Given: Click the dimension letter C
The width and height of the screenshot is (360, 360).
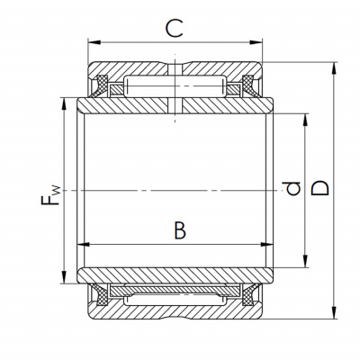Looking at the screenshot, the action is (x=175, y=28).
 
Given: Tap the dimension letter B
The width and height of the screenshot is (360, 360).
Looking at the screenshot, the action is (x=180, y=230).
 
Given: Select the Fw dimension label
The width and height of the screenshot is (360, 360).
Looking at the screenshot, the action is (x=50, y=195).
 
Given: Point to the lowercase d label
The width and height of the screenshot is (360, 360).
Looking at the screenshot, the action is (x=292, y=188).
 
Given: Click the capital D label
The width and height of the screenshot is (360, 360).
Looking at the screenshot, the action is (x=319, y=188).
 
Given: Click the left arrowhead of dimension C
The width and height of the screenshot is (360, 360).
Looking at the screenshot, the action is (x=94, y=42).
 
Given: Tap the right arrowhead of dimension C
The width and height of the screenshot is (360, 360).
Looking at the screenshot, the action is (x=256, y=42).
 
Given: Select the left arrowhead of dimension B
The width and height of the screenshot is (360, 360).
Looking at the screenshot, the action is (x=84, y=245).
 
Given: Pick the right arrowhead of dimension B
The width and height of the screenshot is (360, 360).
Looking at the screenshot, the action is (x=266, y=245).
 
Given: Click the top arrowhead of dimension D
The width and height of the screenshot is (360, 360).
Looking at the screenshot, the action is (x=334, y=68).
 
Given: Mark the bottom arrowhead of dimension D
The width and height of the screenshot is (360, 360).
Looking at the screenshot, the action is (x=334, y=312).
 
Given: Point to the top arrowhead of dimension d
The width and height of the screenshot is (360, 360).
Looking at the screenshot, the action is (x=305, y=120).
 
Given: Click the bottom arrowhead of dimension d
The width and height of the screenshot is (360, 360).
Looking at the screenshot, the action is (x=305, y=261).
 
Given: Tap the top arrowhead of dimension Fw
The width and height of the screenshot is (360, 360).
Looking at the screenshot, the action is (x=64, y=103).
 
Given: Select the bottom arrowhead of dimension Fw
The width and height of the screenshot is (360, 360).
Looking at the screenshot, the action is (x=64, y=277).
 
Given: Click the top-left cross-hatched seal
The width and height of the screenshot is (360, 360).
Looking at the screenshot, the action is (x=101, y=86).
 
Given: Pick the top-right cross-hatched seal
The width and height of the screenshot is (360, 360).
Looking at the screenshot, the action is (x=249, y=86).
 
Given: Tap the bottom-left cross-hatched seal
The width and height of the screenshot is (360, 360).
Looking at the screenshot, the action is (x=101, y=294).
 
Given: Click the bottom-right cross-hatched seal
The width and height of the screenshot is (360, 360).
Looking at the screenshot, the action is (x=249, y=294).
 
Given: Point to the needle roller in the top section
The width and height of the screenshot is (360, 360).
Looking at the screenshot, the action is (x=175, y=86).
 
